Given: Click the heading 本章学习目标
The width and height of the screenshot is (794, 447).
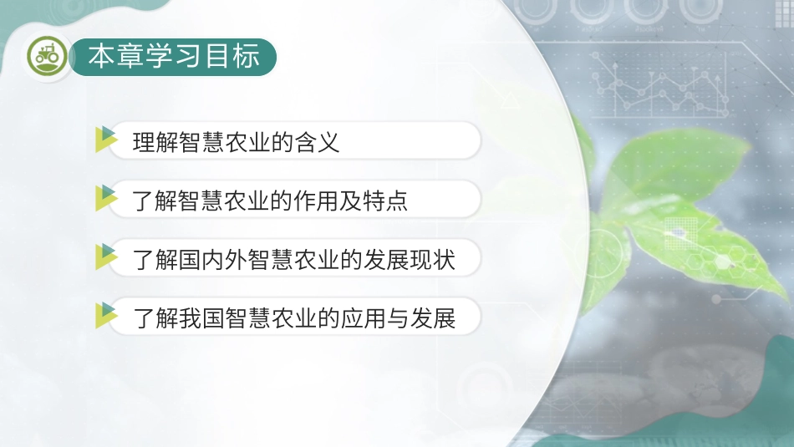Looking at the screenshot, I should tap(174, 57).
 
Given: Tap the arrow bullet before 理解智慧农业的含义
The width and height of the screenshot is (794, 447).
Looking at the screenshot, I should tap(106, 140).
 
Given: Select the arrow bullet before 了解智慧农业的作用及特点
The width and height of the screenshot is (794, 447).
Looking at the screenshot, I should tap(106, 199).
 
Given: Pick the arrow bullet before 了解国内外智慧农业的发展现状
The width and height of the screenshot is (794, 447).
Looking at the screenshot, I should tap(106, 257).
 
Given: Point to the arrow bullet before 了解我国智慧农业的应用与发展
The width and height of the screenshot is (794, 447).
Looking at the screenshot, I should tap(106, 316).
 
